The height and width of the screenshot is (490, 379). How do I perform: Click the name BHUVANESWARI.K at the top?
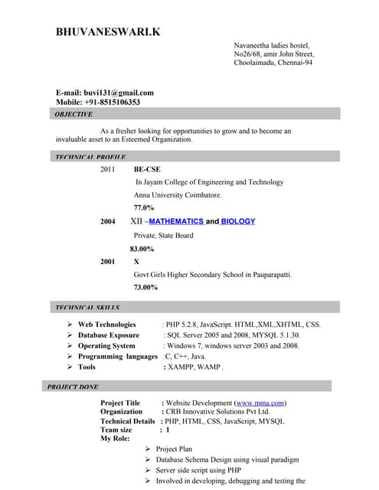point(108,32)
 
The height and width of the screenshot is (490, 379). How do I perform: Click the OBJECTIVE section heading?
point(74,114)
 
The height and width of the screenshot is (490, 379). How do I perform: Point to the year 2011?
point(107,169)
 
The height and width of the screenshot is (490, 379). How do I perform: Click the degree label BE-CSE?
point(147,169)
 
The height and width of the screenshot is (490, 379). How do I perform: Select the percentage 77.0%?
point(144,207)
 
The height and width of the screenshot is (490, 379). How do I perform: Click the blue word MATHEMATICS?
point(176,221)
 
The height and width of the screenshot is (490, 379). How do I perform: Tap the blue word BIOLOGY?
point(238,221)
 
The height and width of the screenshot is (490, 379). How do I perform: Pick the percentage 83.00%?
point(142,249)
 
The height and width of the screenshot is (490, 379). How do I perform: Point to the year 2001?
point(107,261)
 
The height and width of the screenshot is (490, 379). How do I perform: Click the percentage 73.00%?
point(145,287)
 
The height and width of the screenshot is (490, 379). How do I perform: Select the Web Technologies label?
point(107,325)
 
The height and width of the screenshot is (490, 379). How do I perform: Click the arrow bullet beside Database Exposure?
point(70,335)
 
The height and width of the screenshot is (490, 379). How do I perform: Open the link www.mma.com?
point(260,403)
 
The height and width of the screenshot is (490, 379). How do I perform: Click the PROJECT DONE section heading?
point(73,387)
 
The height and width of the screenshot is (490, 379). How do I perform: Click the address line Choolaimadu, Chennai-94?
point(273,63)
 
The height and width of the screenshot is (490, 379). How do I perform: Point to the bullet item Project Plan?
point(174,449)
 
